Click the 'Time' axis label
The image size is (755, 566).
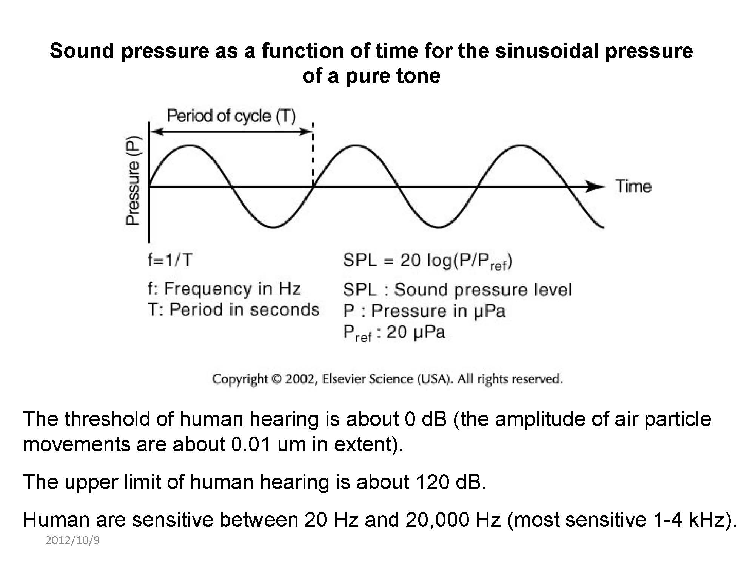633,186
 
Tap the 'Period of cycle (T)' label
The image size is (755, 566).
231,116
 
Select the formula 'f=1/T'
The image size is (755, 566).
170,260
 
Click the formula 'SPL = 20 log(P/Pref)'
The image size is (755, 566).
427,261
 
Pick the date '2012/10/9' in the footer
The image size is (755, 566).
72,540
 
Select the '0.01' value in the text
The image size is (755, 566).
251,444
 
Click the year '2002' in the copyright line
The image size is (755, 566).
300,379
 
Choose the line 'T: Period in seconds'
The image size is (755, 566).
233,310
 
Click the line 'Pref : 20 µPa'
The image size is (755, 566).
394,333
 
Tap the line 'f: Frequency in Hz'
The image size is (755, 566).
224,289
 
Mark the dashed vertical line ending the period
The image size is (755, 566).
313,155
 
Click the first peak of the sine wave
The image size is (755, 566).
190,146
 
